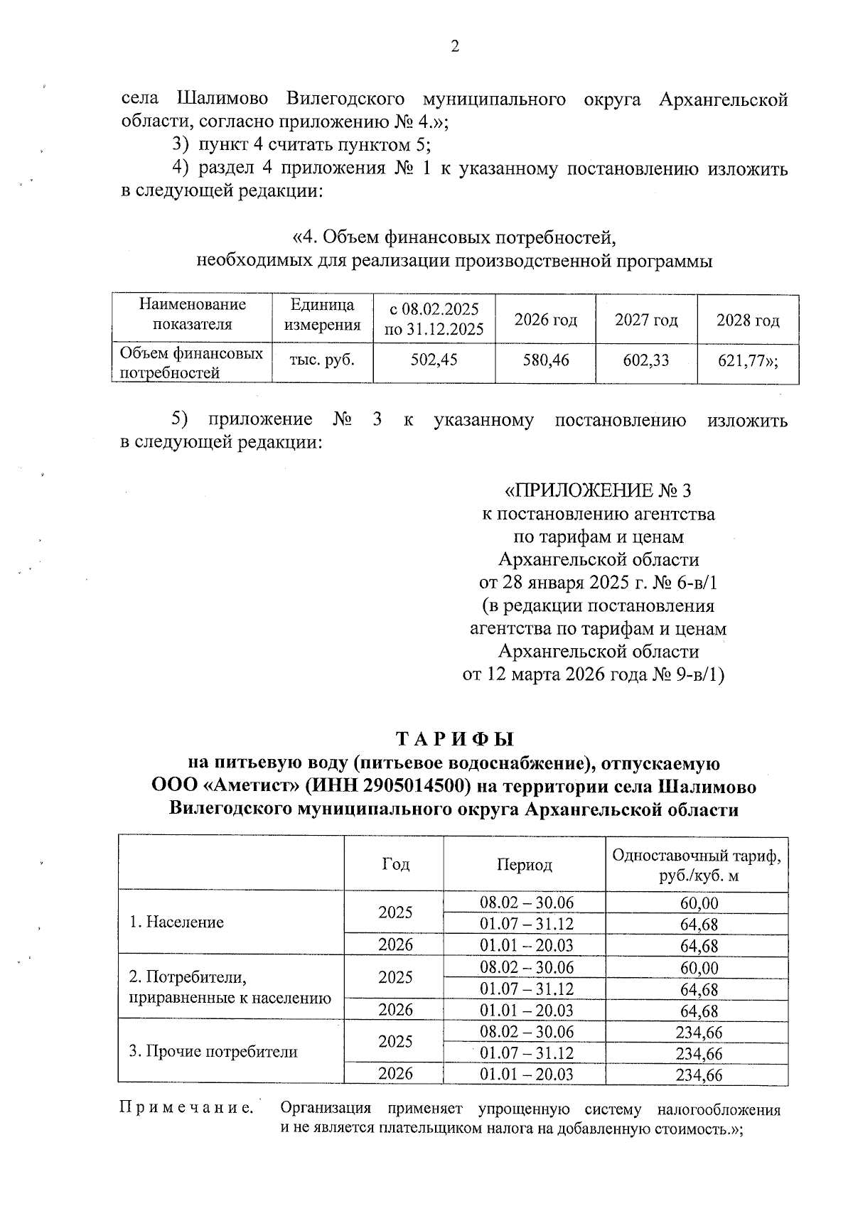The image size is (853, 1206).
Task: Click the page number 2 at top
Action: (454, 47)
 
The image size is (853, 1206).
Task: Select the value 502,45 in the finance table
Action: (434, 360)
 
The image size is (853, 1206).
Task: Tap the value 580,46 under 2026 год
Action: (546, 360)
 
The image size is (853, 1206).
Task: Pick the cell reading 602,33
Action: (646, 360)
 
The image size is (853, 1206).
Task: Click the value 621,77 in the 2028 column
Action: (746, 360)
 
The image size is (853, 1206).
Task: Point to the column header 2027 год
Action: (646, 320)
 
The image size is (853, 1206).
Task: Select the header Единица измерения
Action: (323, 315)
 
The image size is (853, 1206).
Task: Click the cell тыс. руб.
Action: (323, 360)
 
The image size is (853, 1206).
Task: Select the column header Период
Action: (525, 864)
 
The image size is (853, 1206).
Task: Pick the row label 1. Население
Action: (176, 922)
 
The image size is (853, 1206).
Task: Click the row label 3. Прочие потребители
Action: (213, 1052)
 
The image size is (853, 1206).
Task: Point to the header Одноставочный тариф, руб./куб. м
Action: (697, 865)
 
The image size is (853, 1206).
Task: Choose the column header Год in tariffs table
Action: (395, 864)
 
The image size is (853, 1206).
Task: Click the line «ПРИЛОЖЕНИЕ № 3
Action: (597, 491)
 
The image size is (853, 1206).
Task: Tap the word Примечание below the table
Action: (186, 1108)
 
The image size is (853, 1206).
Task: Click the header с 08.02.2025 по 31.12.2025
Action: (434, 319)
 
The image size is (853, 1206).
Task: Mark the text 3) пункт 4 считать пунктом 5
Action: (302, 145)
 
